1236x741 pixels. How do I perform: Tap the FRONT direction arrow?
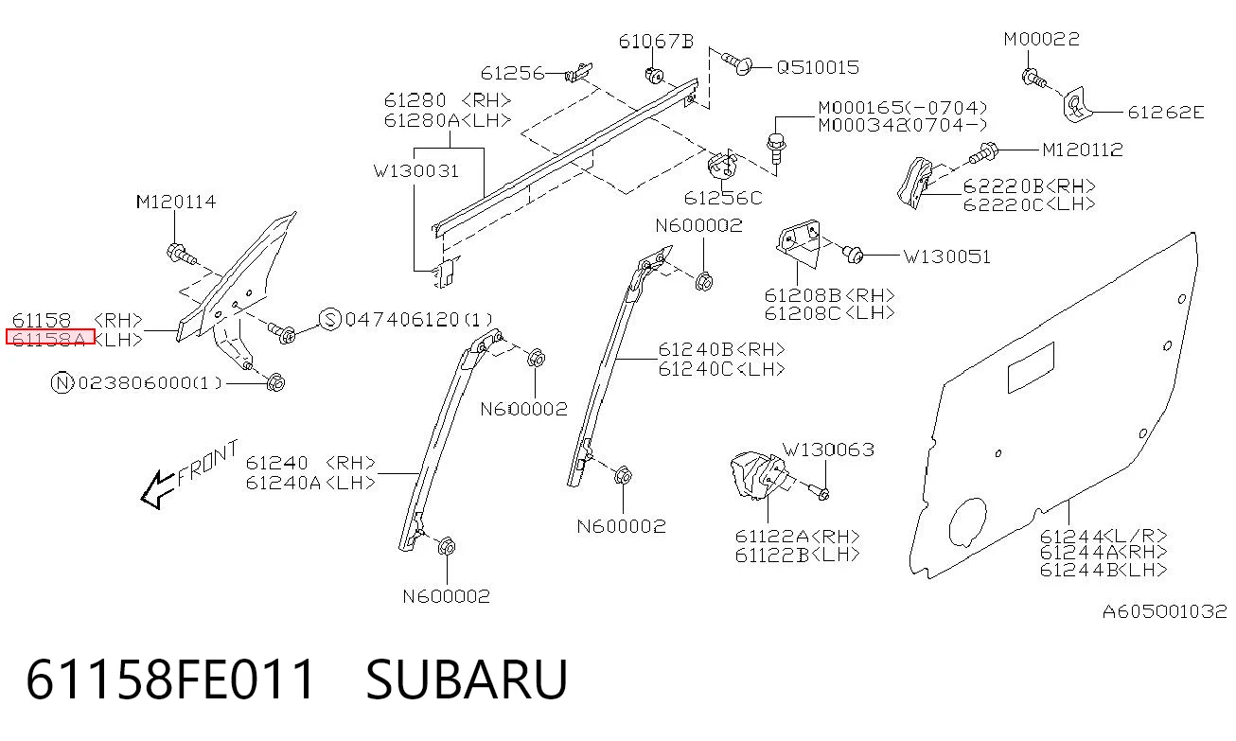[158, 490]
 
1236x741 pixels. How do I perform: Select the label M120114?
[176, 202]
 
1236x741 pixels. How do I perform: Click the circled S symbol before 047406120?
[330, 320]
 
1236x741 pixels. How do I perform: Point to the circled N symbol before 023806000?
[62, 382]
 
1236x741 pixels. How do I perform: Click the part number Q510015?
[818, 67]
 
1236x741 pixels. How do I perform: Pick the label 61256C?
[723, 198]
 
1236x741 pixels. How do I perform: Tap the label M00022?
[1041, 39]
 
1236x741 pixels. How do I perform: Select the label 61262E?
[1165, 113]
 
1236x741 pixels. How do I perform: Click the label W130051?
[946, 256]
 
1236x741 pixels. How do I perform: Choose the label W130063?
[828, 450]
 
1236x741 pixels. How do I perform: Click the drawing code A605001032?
[1165, 611]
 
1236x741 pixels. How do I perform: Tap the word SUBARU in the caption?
[467, 679]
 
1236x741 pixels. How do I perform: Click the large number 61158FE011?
[170, 679]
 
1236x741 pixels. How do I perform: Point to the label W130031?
[416, 171]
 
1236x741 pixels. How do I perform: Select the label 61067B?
[656, 42]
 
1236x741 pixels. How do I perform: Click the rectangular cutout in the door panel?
[1031, 367]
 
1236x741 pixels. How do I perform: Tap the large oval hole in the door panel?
[967, 521]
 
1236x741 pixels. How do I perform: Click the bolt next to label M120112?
[982, 152]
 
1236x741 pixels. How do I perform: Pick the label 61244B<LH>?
[1104, 570]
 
